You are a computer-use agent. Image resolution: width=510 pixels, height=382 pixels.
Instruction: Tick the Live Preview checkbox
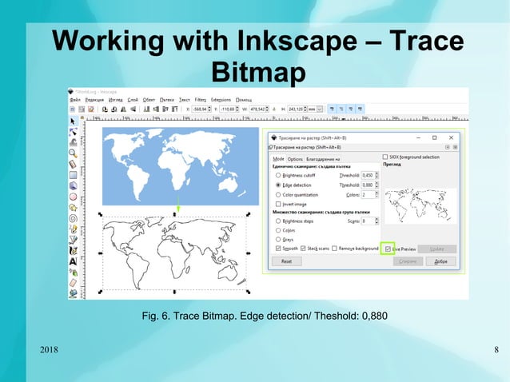[x=388, y=249]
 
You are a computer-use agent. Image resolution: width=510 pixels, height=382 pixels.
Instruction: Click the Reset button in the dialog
[x=286, y=261]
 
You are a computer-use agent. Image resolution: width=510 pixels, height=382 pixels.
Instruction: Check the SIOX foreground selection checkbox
[x=385, y=157]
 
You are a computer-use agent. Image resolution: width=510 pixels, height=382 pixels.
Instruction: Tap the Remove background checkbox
[x=334, y=249]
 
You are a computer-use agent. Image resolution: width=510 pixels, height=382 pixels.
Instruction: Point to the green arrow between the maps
[x=178, y=205]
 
